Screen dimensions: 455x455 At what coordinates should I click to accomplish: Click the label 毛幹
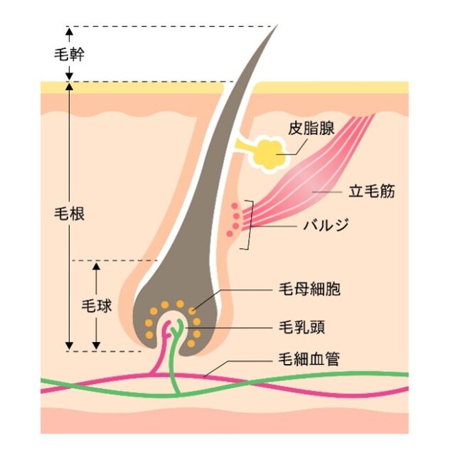tap(70, 54)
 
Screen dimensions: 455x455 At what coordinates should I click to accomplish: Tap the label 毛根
tap(70, 214)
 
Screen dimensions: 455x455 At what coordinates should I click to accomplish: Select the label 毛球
tap(97, 306)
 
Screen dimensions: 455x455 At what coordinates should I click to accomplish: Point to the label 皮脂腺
tap(311, 128)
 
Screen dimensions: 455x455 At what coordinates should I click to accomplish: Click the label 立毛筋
tap(372, 191)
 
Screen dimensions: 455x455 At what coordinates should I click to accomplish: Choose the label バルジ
tap(326, 225)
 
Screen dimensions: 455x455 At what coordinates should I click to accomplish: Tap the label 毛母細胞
tap(310, 289)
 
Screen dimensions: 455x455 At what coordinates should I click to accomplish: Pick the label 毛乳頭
tap(301, 327)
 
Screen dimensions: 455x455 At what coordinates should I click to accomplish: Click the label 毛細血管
tap(309, 359)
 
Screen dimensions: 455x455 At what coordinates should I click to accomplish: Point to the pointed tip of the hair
tap(277, 26)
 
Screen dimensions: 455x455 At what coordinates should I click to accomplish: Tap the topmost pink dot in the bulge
tap(235, 206)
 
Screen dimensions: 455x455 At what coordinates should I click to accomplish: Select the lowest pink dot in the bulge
tap(230, 233)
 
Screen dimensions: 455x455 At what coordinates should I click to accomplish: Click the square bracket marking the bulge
tap(248, 225)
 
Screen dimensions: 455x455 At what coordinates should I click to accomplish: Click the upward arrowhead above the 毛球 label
tap(97, 267)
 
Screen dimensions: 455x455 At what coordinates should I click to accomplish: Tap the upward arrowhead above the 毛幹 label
tap(70, 31)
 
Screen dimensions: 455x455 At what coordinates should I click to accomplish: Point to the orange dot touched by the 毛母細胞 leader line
tap(191, 311)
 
